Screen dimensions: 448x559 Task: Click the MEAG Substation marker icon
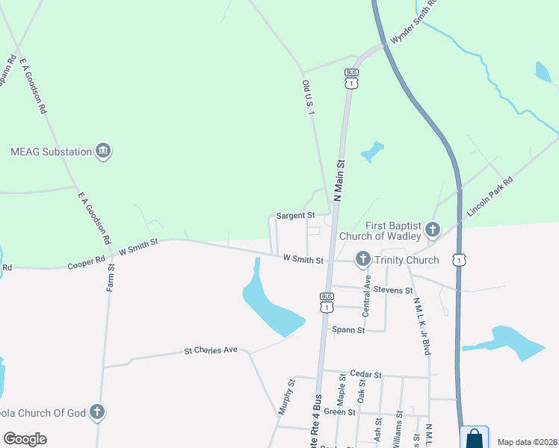[x=103, y=152]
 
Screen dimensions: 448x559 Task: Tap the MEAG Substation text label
[x=51, y=152]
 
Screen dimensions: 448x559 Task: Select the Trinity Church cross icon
[x=362, y=260]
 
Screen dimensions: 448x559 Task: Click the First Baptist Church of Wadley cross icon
[x=431, y=228]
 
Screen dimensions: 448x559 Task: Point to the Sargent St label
[x=296, y=216]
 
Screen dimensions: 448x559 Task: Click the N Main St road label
[x=339, y=180]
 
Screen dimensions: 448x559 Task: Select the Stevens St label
[x=393, y=290]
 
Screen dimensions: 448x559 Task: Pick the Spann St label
[x=348, y=329]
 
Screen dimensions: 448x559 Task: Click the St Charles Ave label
[x=211, y=349]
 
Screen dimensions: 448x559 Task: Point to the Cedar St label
[x=367, y=375]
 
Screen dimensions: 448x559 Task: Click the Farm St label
[x=111, y=277]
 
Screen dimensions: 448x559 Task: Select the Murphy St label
[x=285, y=396]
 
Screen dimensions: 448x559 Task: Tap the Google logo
[x=25, y=438]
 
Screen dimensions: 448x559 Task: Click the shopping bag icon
[x=474, y=438]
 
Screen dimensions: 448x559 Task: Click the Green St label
[x=339, y=412]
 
